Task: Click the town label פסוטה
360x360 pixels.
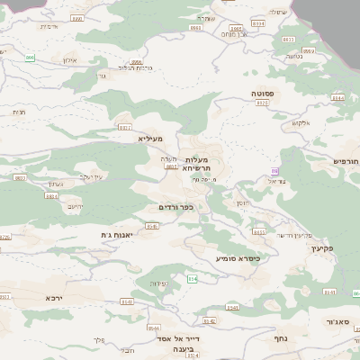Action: coord(263,93)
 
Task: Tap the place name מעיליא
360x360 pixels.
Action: coord(149,139)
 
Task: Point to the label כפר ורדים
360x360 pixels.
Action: coord(175,207)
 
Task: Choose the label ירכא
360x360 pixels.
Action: coord(56,296)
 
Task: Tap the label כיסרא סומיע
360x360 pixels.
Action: coord(238,258)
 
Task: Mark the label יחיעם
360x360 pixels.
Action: coord(76,206)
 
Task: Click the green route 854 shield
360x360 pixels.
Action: coord(192,280)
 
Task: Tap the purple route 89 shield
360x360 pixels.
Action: coord(274,171)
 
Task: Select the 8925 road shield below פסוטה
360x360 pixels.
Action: coord(263,103)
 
